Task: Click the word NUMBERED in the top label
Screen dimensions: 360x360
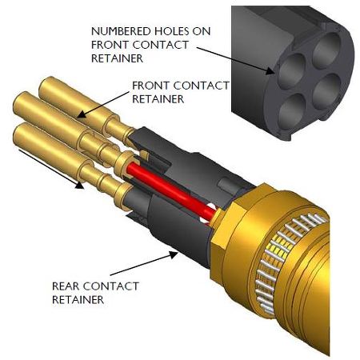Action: point(121,31)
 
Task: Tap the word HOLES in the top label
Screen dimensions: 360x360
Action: point(171,31)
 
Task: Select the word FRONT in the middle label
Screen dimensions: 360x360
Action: point(151,86)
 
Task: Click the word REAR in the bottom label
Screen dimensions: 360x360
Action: point(66,286)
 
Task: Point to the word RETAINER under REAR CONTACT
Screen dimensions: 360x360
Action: point(78,300)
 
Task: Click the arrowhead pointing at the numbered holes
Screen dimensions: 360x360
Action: point(270,71)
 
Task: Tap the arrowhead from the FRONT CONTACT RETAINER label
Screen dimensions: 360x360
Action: point(82,114)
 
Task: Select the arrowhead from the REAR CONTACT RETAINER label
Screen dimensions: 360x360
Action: point(174,255)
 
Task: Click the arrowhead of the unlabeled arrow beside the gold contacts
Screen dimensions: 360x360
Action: point(79,185)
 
